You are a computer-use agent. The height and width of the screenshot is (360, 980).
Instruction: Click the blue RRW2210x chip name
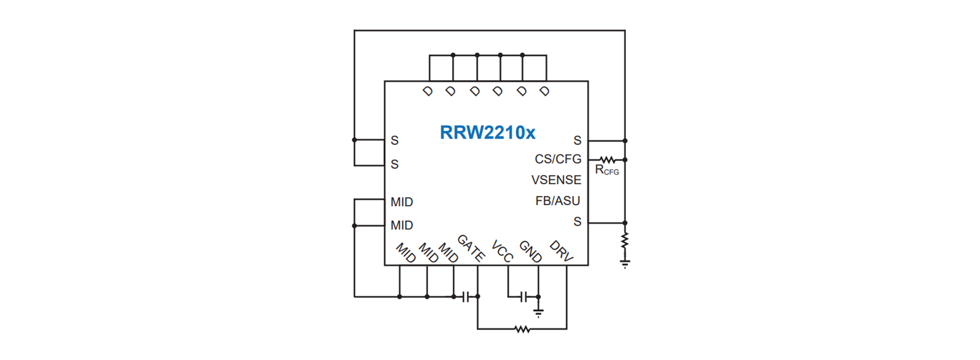tap(488, 132)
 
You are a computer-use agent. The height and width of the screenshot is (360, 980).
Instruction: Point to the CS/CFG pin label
tap(558, 159)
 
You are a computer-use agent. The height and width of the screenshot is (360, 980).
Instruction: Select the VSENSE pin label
tap(557, 180)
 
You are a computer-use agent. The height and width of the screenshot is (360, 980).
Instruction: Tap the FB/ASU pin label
tap(558, 201)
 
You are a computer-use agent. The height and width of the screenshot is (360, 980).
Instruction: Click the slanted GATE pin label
tap(470, 248)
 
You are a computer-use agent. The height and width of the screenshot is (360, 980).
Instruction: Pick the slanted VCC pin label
tap(502, 251)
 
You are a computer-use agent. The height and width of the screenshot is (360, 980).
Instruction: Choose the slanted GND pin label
tap(530, 251)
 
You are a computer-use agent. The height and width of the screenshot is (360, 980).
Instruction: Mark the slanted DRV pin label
tap(561, 251)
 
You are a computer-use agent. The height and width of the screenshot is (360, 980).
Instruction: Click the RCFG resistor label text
tap(607, 170)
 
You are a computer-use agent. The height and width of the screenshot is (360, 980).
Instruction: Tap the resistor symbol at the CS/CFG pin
tap(607, 160)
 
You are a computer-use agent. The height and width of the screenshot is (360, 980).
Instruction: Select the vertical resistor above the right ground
tap(625, 240)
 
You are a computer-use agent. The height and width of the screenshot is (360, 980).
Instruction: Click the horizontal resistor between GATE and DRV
tap(522, 329)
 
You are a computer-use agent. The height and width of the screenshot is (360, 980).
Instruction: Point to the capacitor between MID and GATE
tap(466, 297)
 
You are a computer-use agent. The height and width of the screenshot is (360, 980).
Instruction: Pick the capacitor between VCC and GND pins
tap(524, 297)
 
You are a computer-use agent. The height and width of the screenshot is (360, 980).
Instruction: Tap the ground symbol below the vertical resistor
tap(625, 264)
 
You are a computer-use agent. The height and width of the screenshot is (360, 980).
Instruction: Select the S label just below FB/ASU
tap(577, 221)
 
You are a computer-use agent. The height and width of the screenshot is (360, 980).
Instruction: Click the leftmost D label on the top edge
tap(427, 92)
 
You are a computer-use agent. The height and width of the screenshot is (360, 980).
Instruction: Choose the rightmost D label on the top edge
tap(544, 92)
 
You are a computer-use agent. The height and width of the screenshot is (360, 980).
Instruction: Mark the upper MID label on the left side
tap(402, 202)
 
